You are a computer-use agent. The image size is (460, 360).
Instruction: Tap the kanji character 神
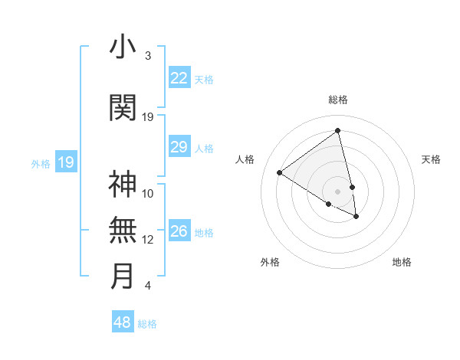tap(123, 185)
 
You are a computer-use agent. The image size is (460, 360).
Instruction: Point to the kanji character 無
tap(123, 231)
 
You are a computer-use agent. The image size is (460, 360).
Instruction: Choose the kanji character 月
tap(123, 277)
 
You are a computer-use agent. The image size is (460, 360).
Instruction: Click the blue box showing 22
tap(179, 78)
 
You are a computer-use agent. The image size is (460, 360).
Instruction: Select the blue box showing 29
tap(179, 147)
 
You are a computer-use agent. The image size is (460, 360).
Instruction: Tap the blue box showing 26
tap(179, 231)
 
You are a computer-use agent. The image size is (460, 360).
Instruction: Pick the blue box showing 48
tap(122, 322)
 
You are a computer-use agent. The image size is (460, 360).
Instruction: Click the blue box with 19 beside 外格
tap(66, 162)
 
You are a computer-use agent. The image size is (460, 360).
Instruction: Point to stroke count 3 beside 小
tap(147, 56)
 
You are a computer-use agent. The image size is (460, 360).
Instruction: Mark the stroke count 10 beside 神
tap(148, 194)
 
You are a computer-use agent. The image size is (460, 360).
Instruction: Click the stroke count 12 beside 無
tap(148, 240)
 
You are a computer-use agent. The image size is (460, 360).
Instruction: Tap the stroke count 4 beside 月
tap(147, 286)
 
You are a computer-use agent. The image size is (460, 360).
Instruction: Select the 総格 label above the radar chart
tap(338, 100)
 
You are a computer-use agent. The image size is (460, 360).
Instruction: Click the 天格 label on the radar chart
tap(431, 159)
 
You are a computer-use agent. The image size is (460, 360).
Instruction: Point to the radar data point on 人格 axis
tap(279, 172)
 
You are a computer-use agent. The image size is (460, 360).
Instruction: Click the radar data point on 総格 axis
tap(338, 131)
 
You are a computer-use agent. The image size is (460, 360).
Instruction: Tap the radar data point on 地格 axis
tap(356, 217)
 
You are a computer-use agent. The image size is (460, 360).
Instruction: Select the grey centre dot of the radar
tap(338, 191)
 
